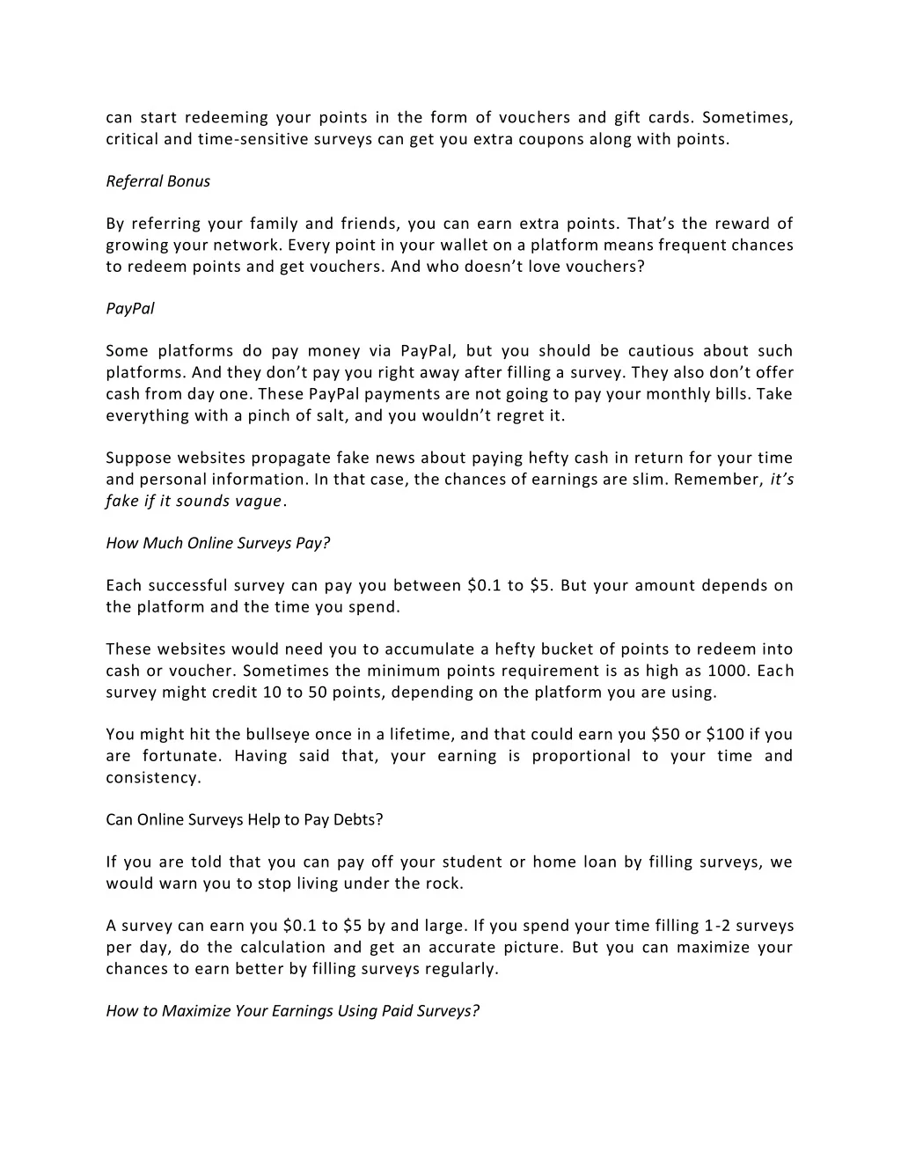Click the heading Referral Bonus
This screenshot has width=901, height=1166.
158,181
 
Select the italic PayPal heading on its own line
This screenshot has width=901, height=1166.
130,309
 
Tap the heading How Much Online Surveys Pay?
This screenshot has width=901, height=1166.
217,543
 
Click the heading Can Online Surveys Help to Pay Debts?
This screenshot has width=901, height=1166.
245,819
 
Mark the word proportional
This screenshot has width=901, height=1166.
581,756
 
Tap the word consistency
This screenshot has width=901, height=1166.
152,778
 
